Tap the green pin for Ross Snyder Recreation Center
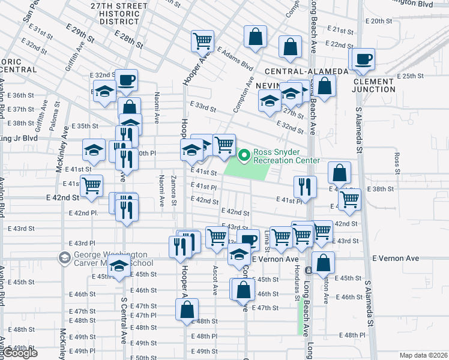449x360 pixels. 244,156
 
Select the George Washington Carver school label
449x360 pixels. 106,259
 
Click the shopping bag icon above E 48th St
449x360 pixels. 187,310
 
